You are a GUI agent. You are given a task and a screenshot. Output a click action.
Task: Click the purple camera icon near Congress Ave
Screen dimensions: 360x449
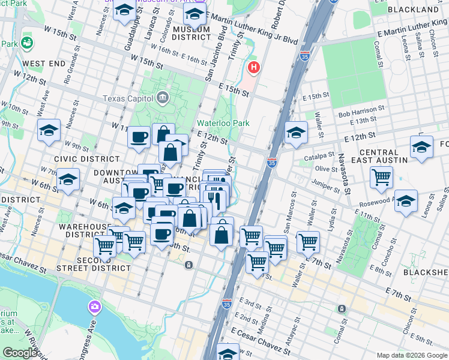tap(94, 308)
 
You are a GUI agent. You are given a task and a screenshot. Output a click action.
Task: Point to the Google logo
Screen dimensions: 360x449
tap(20, 353)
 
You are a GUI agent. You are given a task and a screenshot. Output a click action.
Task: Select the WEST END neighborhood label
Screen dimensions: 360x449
tap(44, 63)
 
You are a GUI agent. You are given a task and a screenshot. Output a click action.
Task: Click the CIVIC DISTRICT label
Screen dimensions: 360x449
tap(86, 159)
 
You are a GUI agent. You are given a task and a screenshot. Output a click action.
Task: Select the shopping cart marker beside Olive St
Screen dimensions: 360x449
tap(382, 177)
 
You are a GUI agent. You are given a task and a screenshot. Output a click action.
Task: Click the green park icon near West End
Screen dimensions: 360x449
tap(26, 43)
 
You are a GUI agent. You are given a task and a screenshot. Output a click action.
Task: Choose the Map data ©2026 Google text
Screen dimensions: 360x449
tap(412, 355)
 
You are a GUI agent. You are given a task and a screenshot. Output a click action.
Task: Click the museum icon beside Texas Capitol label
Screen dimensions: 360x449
tap(162, 98)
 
